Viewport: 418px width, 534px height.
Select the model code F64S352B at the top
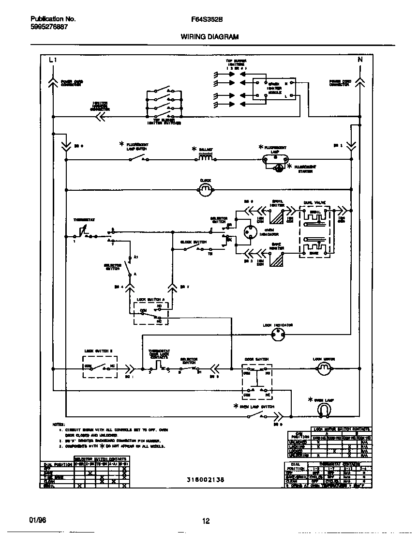(x=207, y=19)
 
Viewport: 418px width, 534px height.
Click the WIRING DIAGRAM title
(x=209, y=36)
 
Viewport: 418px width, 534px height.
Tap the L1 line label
(x=53, y=60)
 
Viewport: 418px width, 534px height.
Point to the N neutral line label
(x=359, y=60)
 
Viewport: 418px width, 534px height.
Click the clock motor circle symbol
(x=206, y=189)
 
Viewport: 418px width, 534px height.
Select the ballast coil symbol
(x=206, y=157)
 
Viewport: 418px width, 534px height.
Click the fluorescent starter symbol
(x=279, y=168)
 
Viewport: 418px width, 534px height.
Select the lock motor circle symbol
(x=323, y=370)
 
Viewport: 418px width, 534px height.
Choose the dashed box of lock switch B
(x=100, y=367)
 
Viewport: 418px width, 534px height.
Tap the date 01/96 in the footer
(x=37, y=520)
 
